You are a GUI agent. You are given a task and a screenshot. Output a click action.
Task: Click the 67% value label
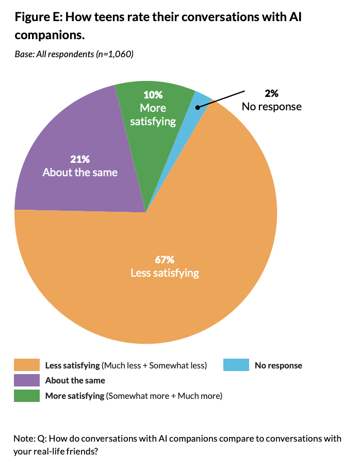tap(165, 259)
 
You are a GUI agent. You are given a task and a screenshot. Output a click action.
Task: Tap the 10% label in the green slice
tap(153, 95)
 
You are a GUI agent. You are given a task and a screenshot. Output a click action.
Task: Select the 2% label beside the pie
tap(272, 93)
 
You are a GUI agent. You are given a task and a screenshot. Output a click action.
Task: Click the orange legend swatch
tap(27, 365)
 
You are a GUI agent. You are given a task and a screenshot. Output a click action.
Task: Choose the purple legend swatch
tap(27, 380)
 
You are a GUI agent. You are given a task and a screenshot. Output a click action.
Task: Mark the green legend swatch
tap(27, 396)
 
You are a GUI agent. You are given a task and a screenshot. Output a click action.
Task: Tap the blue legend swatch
tap(236, 365)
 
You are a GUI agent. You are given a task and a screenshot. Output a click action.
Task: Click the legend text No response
tap(279, 365)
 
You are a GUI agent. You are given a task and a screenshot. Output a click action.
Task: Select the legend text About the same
tap(75, 380)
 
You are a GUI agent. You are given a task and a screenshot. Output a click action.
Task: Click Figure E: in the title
tap(38, 18)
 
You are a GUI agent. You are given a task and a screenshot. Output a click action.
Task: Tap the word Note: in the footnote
tap(24, 439)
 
